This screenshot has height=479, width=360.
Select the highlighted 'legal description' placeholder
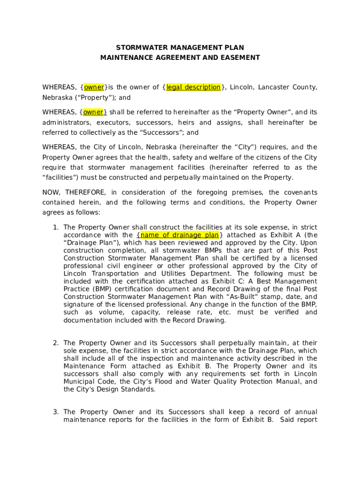193,87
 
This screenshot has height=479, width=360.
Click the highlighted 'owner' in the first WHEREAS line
94,87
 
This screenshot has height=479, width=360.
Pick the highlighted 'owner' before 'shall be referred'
94,112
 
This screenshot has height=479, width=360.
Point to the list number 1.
55,227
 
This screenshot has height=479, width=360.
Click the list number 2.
55,343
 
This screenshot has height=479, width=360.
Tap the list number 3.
55,412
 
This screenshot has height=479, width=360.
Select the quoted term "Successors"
160,133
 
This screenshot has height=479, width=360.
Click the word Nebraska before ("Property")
55,98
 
